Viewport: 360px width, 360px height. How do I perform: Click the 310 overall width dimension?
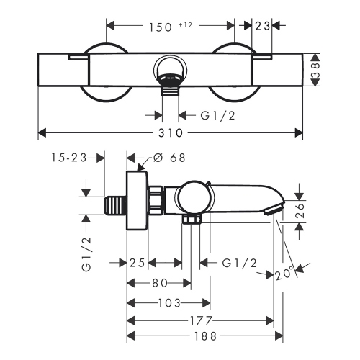[171, 133]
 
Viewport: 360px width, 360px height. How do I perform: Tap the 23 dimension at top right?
[261, 26]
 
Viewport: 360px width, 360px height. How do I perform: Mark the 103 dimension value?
[169, 302]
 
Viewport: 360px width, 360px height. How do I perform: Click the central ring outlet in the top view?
[170, 72]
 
